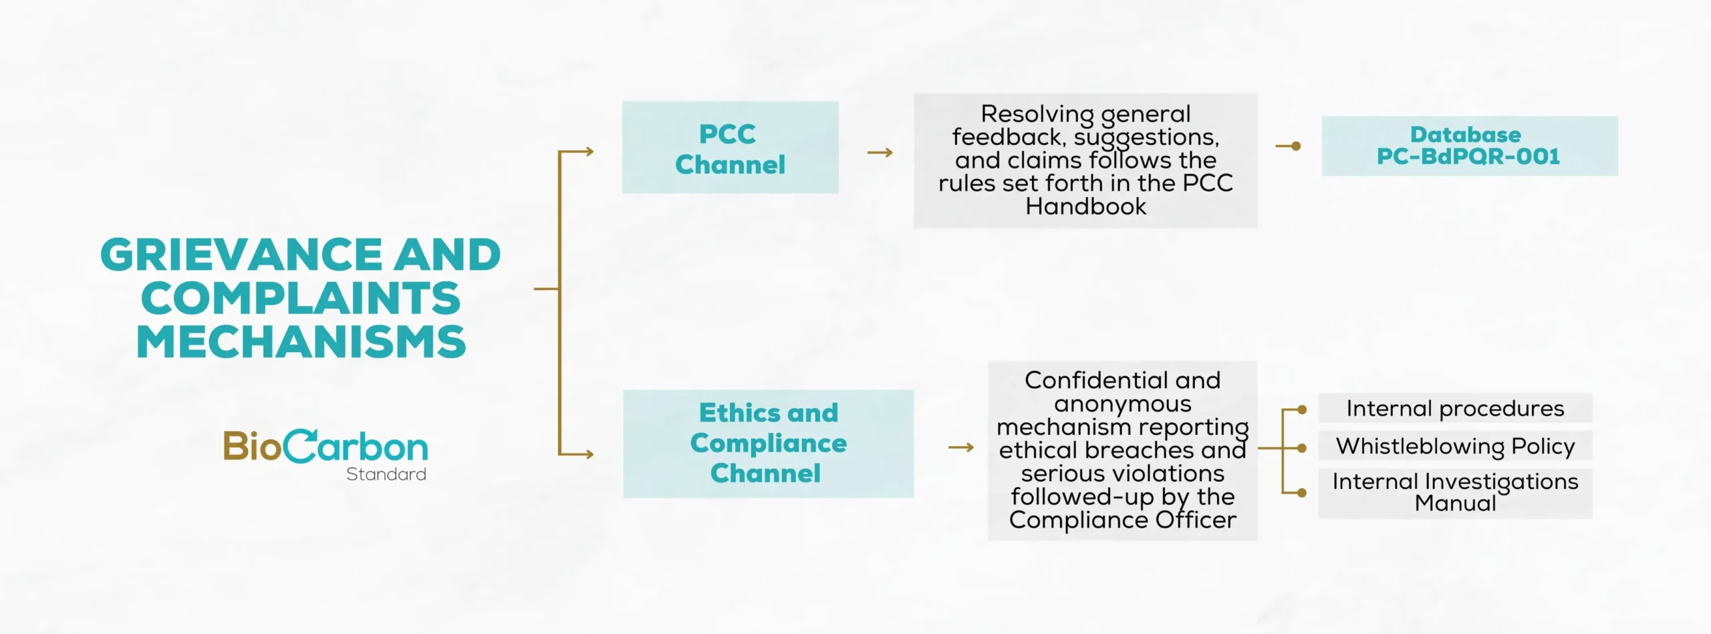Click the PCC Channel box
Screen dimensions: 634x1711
point(730,148)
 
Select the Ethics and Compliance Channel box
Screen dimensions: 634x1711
point(768,444)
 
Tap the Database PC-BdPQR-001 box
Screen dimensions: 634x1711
point(1469,146)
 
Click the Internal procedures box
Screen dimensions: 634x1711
point(1455,408)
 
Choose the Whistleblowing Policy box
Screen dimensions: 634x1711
point(1455,446)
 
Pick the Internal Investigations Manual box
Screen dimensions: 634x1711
point(1455,493)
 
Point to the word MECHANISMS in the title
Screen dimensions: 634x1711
point(301,342)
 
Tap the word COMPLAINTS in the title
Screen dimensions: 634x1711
point(301,299)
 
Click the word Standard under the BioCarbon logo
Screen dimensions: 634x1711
point(386,474)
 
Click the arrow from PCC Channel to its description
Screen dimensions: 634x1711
point(880,153)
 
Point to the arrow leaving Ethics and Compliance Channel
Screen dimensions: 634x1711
point(961,448)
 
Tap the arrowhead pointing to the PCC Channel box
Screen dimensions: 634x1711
point(589,152)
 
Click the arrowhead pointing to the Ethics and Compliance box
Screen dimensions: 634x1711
point(589,454)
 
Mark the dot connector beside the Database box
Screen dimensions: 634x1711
point(1296,146)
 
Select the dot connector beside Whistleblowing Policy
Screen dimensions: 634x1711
point(1301,448)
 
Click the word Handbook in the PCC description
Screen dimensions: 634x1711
point(1085,206)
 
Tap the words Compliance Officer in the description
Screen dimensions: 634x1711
point(1122,520)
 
